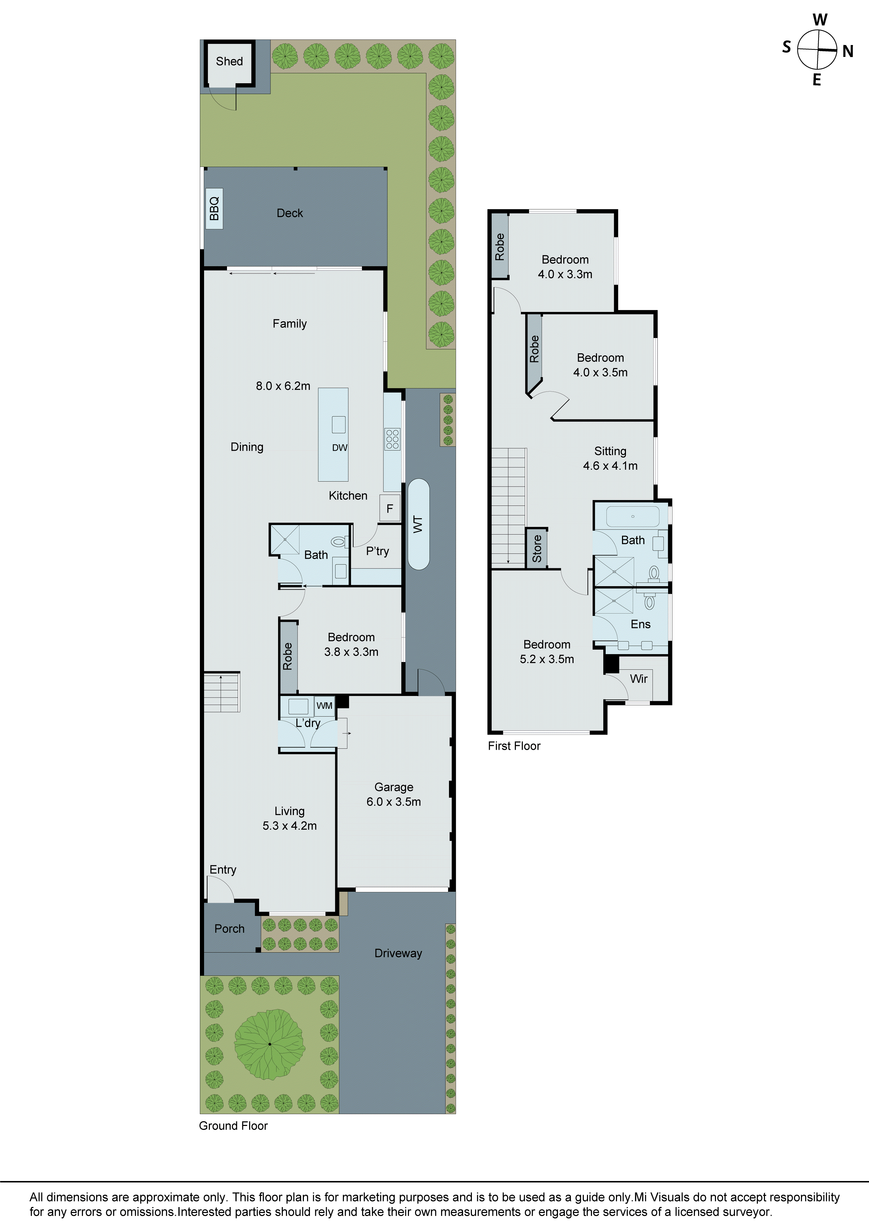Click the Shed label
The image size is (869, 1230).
[229, 62]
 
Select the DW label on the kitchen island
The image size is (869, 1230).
[340, 448]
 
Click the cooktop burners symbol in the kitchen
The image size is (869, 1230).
[392, 439]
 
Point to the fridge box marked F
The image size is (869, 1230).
[389, 508]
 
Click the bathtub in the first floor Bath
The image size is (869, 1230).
[633, 516]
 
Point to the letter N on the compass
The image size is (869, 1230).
[848, 51]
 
